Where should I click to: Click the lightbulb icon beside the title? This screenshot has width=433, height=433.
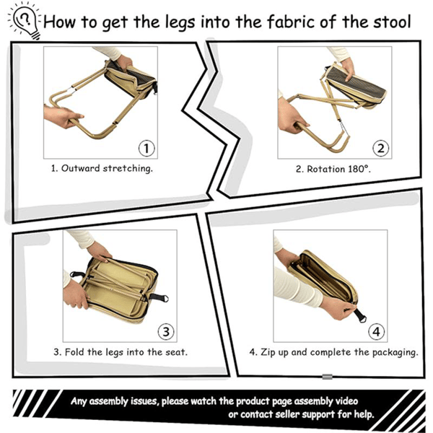point(25,20)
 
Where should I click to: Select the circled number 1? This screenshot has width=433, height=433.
point(146,149)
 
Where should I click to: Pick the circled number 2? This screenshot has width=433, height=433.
point(380,149)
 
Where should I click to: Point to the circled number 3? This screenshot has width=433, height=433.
point(165,331)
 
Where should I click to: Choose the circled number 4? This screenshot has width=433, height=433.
point(375,332)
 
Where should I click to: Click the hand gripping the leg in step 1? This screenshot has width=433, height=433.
point(60,117)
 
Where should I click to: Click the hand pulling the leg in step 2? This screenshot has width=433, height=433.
point(290,115)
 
